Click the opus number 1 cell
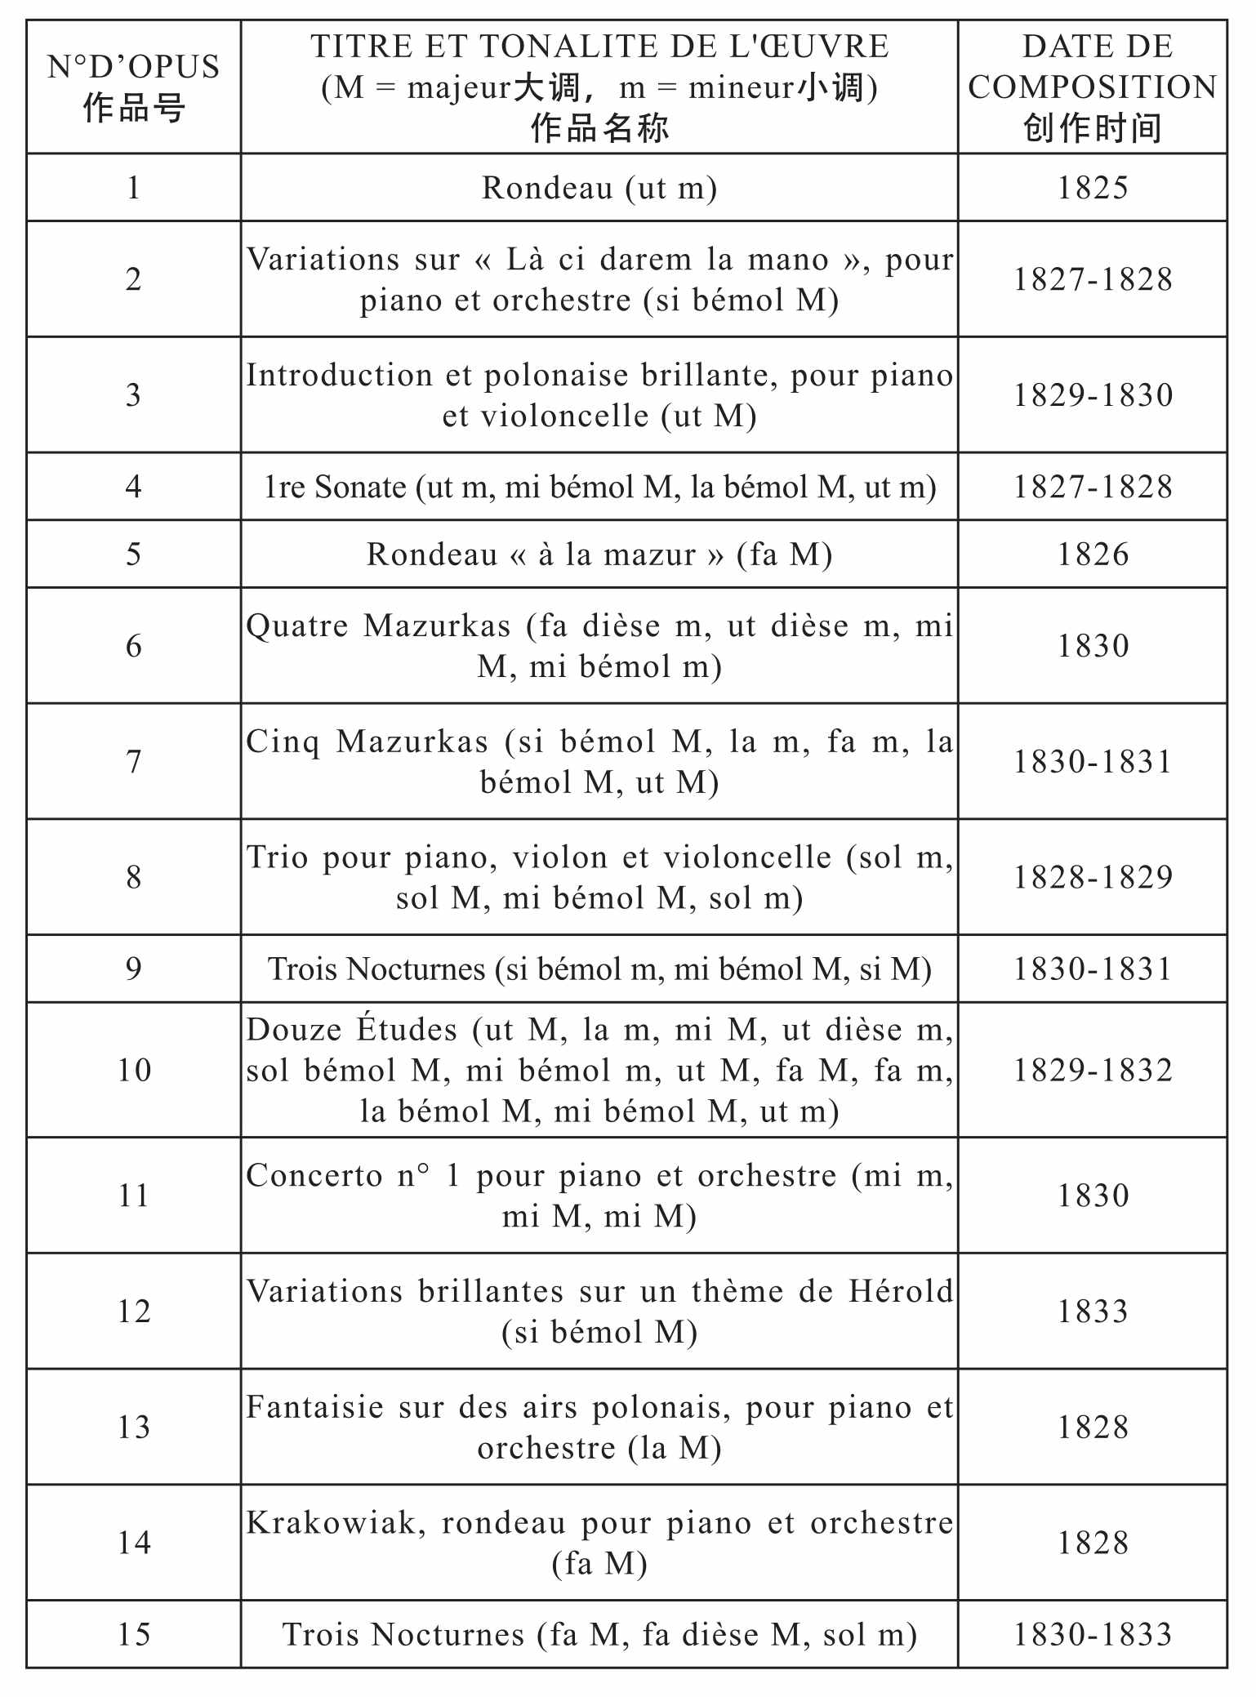(133, 188)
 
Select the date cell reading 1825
(1093, 188)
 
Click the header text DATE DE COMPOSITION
(1093, 67)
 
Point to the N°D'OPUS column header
(133, 67)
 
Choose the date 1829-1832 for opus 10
(1093, 1070)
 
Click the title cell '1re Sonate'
(599, 487)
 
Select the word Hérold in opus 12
(901, 1291)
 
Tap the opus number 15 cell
(133, 1634)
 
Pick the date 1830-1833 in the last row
(1093, 1634)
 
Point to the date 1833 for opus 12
(1093, 1312)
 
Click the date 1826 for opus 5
(1093, 555)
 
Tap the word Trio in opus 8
(276, 857)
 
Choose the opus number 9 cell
(133, 969)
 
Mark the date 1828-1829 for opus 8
(1093, 877)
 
